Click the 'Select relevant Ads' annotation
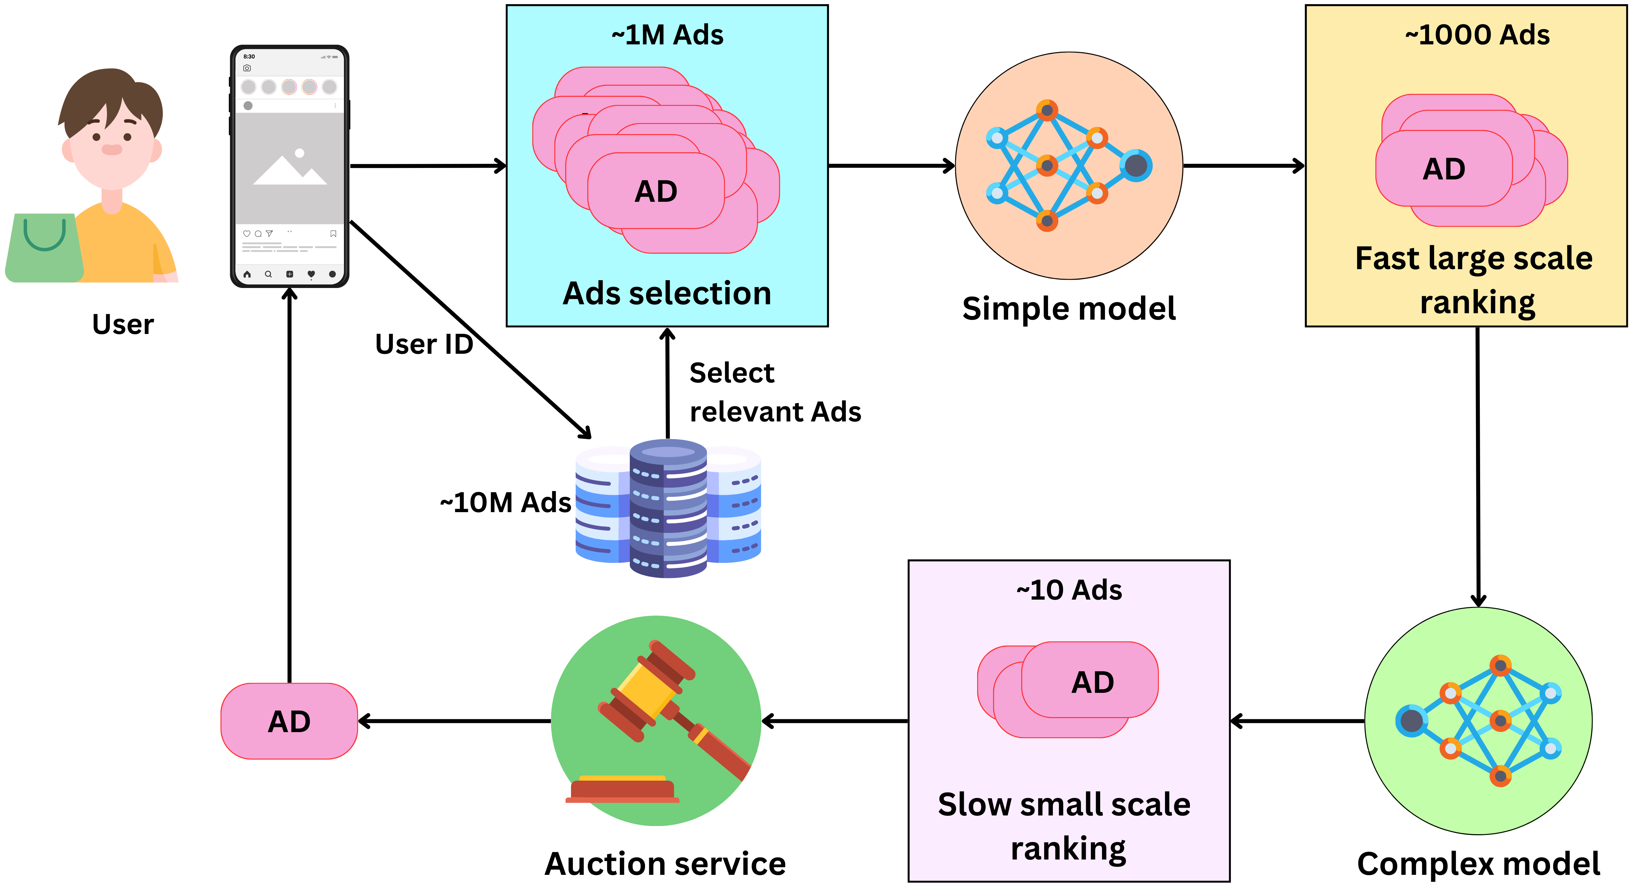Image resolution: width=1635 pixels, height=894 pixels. click(774, 392)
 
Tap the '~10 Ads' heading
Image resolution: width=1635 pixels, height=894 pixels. click(1069, 590)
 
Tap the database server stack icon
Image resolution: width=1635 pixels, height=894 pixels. click(668, 508)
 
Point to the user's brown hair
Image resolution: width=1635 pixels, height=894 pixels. click(111, 95)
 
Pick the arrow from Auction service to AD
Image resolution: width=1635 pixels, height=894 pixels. click(454, 721)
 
